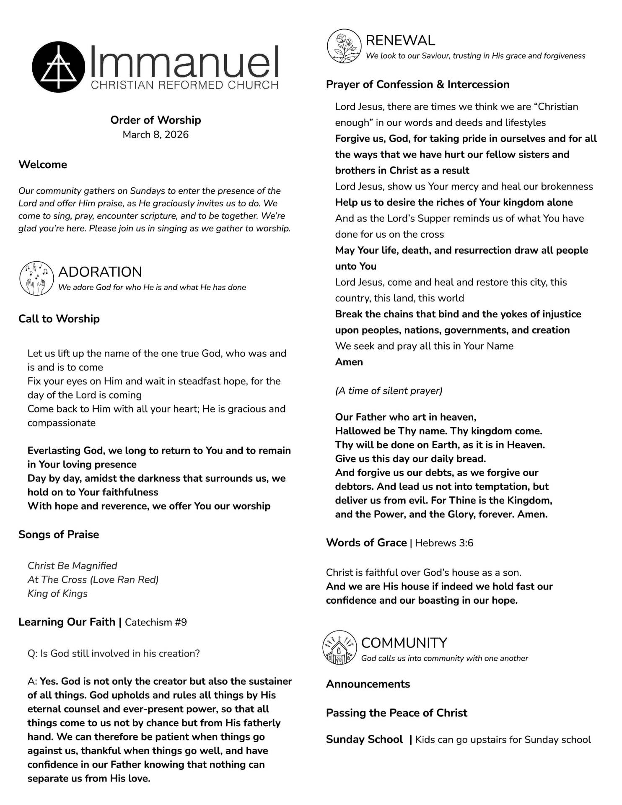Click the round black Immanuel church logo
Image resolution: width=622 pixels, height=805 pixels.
(x=58, y=67)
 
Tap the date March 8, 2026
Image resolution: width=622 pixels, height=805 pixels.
(x=155, y=135)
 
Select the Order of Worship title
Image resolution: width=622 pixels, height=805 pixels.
(x=155, y=120)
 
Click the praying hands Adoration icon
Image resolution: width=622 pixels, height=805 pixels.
(x=36, y=278)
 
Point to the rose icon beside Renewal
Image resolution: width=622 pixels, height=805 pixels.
(x=344, y=46)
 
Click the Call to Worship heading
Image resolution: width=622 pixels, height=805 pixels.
(x=59, y=319)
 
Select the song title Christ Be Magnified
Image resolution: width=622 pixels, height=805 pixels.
(x=73, y=566)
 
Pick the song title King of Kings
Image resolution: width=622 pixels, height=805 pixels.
(x=57, y=593)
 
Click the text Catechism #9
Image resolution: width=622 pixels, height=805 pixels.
(x=155, y=622)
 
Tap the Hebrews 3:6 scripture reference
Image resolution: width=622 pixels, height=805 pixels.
(x=444, y=543)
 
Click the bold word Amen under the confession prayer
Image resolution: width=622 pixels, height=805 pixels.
(x=349, y=362)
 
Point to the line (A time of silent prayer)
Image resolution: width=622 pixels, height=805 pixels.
(x=389, y=391)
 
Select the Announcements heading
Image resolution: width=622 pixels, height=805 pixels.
(x=368, y=684)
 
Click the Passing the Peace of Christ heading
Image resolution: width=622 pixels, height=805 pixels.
(x=397, y=713)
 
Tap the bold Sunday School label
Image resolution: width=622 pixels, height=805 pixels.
(x=364, y=739)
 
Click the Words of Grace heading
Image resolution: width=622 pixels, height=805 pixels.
(x=366, y=543)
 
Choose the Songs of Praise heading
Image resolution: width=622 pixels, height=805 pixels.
(x=59, y=534)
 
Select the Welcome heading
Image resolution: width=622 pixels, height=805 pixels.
(x=43, y=164)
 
